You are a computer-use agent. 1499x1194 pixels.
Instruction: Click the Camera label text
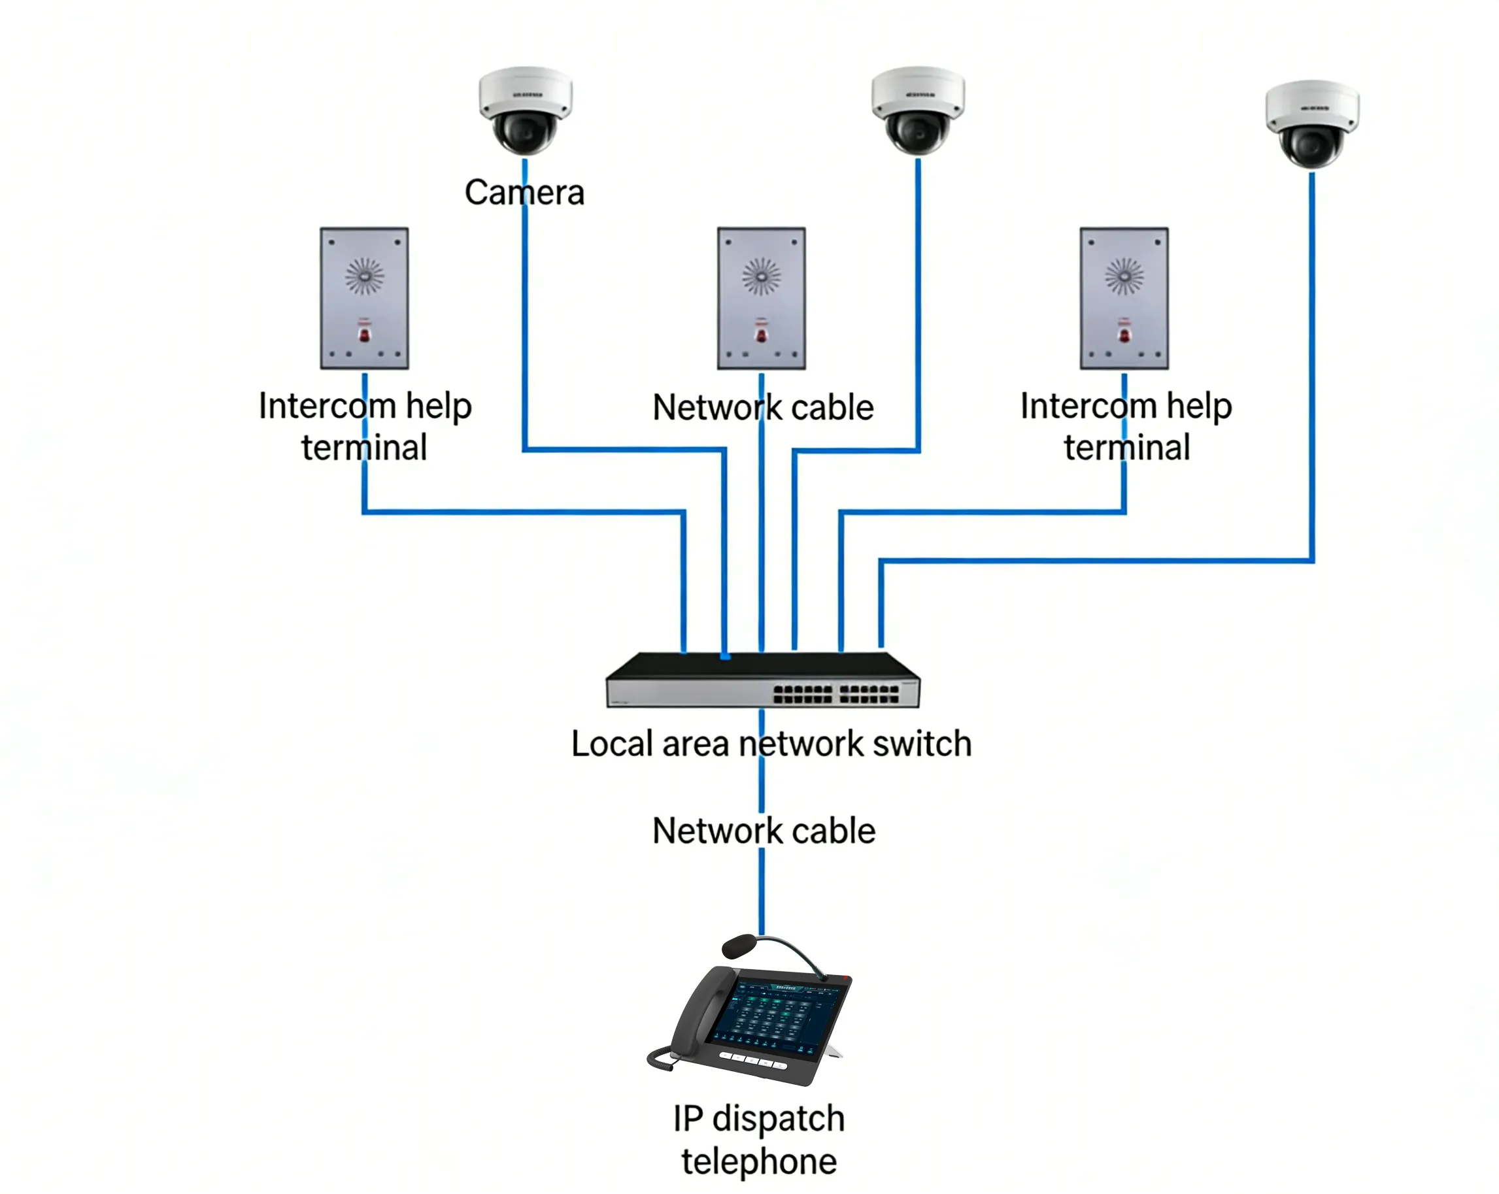[x=524, y=193]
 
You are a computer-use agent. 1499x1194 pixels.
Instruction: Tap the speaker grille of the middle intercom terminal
[x=762, y=276]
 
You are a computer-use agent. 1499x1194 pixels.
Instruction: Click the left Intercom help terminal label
[x=365, y=425]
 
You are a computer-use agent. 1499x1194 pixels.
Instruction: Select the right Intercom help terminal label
[x=1126, y=425]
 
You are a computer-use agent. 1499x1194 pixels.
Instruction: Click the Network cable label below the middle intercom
[x=763, y=407]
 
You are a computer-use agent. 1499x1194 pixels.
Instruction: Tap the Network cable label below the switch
[x=764, y=831]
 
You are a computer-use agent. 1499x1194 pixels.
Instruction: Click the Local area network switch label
[x=771, y=744]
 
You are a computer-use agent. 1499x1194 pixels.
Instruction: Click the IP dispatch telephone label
[x=758, y=1140]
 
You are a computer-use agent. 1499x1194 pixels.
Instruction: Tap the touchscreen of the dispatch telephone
[x=775, y=1015]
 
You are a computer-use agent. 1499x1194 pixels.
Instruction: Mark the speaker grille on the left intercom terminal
[x=363, y=276]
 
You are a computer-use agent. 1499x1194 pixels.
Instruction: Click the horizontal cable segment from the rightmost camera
[x=1098, y=560]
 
